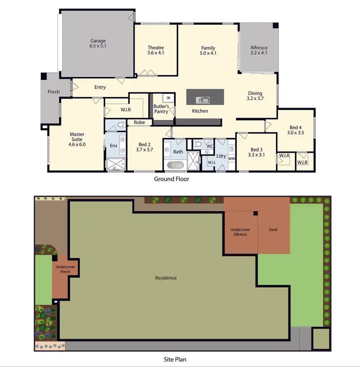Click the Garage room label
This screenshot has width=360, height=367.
click(x=97, y=44)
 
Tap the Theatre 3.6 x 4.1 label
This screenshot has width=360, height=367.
click(x=156, y=50)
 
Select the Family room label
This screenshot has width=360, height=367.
click(x=208, y=50)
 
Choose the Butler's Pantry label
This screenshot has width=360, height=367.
click(x=160, y=109)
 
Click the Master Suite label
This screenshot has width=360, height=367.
click(x=77, y=139)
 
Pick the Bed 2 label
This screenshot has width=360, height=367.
click(x=145, y=147)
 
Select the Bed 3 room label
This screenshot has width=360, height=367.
click(x=257, y=152)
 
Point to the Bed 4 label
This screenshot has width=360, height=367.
click(x=295, y=129)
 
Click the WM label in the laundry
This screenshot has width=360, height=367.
click(x=231, y=158)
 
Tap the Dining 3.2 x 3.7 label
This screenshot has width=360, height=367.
click(x=255, y=96)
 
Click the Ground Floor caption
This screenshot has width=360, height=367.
click(x=171, y=179)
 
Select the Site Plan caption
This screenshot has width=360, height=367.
click(x=173, y=359)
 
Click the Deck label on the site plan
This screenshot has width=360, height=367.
click(x=273, y=230)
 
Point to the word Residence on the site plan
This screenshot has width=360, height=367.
click(x=166, y=278)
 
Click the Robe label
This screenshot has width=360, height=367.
click(x=139, y=122)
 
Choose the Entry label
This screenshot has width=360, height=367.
click(x=100, y=87)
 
